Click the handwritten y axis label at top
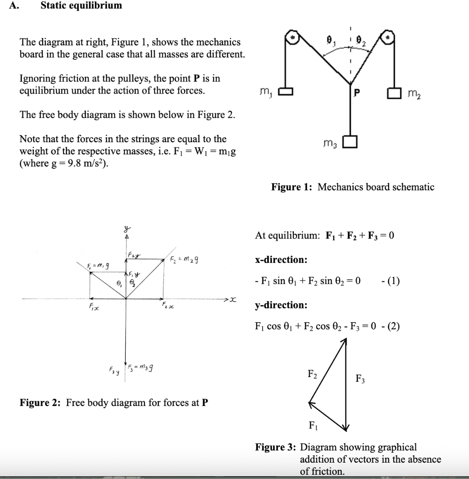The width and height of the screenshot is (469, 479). coord(125,229)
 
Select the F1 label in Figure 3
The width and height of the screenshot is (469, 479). coord(312,425)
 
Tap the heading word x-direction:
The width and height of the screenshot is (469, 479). coord(281,260)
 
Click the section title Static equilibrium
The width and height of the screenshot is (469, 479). coord(81,6)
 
